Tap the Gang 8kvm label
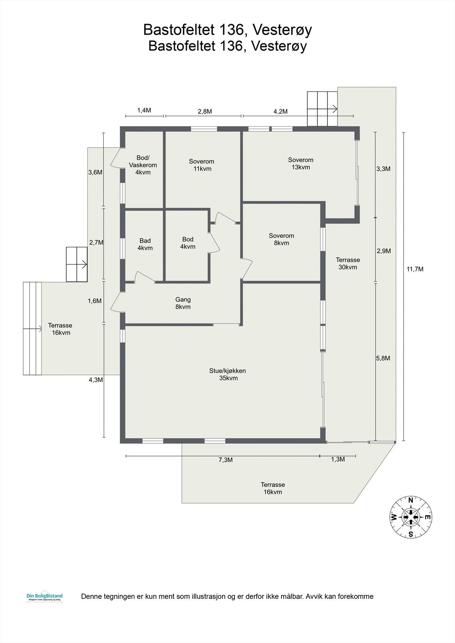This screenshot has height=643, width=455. [x=183, y=303]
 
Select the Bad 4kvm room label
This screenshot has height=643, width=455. [x=145, y=244]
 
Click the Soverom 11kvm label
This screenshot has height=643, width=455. [x=202, y=165]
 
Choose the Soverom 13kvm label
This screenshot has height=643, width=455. [x=301, y=164]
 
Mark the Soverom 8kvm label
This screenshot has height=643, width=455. [x=282, y=239]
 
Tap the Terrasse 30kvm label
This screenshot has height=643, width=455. [x=348, y=263]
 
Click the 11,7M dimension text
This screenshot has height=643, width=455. [x=415, y=269]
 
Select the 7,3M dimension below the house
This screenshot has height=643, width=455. [x=226, y=460]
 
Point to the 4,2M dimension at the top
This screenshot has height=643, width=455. [x=280, y=112]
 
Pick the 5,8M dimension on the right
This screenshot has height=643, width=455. [x=383, y=358]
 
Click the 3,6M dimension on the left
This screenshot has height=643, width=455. [x=95, y=172]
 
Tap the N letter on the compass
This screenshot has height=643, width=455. [x=411, y=500]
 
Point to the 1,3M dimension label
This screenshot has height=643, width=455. [x=338, y=460]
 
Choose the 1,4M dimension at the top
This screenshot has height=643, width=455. [x=144, y=111]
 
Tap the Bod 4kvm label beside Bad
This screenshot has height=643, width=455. [x=188, y=243]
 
